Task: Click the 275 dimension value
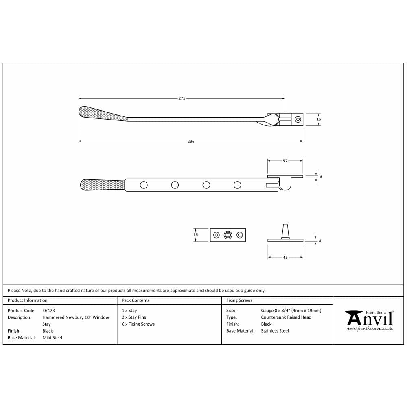(x=182, y=98)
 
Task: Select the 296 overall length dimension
(x=191, y=142)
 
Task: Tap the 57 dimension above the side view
(x=285, y=161)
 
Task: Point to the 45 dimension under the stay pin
(x=285, y=258)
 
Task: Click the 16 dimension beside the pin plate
(x=196, y=235)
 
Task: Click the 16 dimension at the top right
(x=319, y=119)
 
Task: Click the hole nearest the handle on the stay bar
(x=144, y=185)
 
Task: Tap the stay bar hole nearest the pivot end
(x=237, y=185)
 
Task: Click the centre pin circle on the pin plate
(x=228, y=235)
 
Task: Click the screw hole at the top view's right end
(x=298, y=119)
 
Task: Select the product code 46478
(x=48, y=311)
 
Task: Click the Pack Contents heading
(x=136, y=300)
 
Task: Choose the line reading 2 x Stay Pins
(x=133, y=317)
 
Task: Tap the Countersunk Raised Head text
(x=286, y=317)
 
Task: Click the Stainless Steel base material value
(x=275, y=331)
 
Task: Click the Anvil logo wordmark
(x=370, y=318)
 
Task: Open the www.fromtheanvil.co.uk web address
(x=370, y=328)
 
